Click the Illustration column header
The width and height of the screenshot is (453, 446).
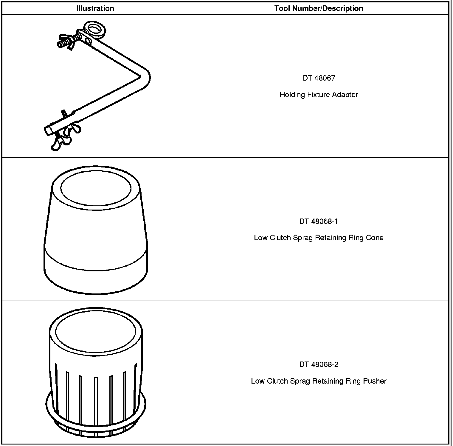95,8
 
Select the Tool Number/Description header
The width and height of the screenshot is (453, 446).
319,8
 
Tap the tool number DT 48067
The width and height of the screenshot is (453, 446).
319,78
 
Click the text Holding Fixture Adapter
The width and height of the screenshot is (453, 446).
319,95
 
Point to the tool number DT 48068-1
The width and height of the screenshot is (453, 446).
319,222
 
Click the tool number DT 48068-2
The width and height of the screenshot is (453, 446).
319,365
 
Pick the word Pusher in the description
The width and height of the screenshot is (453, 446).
375,381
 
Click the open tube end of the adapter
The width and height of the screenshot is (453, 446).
47,131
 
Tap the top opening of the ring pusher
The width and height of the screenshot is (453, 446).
96,331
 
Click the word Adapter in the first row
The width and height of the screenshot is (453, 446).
345,95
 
